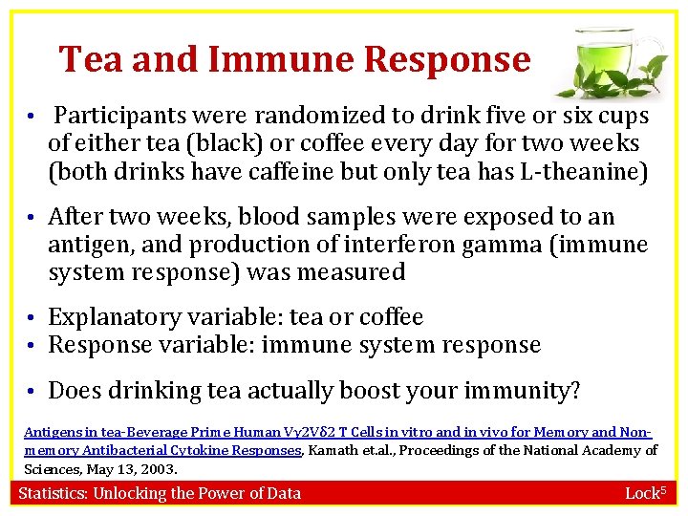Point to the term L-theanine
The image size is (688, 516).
tap(591, 172)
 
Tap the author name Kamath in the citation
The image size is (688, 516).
tap(334, 450)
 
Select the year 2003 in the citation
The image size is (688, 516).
tap(161, 468)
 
